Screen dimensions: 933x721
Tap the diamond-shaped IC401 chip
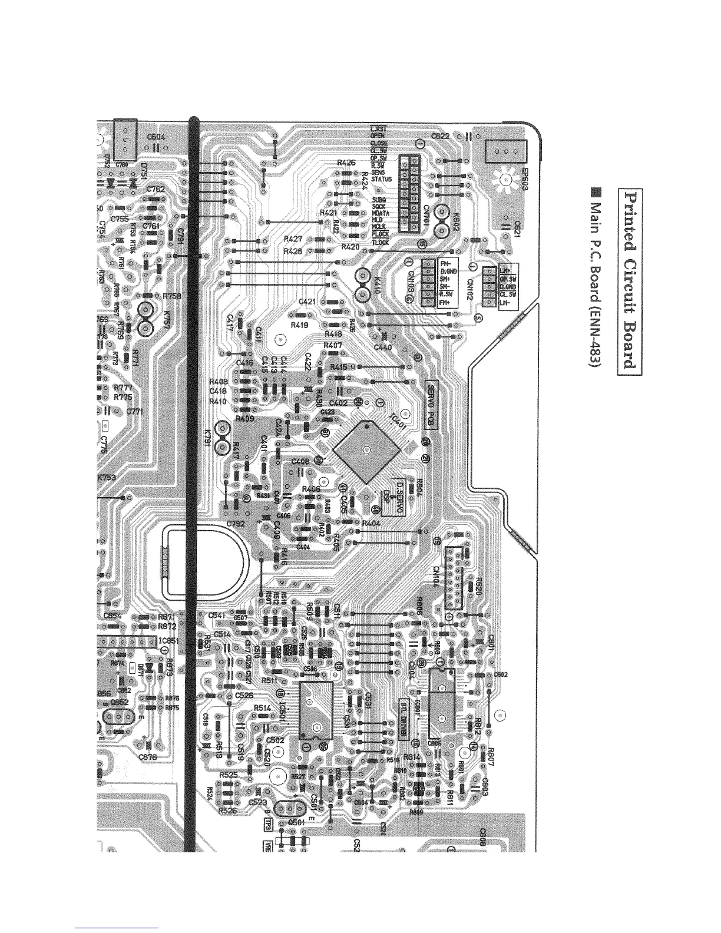(x=366, y=450)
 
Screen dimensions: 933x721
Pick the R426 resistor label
(x=346, y=163)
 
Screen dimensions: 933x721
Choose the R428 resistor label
(x=293, y=251)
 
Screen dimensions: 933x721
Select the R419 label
(x=301, y=326)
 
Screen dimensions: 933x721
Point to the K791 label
(x=207, y=438)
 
